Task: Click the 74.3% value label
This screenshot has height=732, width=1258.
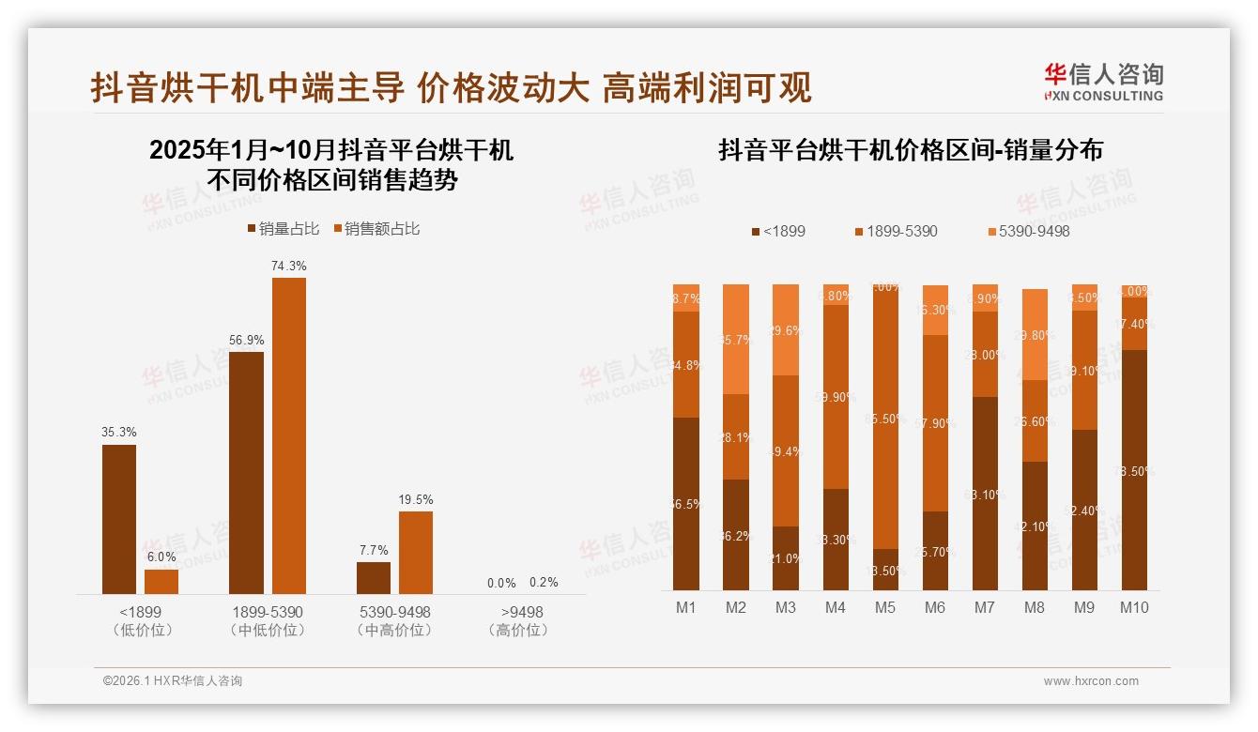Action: pyautogui.click(x=289, y=267)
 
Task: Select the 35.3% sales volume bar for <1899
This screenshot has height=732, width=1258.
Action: pyautogui.click(x=119, y=519)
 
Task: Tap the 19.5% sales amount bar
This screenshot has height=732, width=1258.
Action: pyautogui.click(x=416, y=552)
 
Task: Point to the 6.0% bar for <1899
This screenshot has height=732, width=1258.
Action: pyautogui.click(x=161, y=582)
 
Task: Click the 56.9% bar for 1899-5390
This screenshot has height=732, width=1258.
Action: pyautogui.click(x=246, y=472)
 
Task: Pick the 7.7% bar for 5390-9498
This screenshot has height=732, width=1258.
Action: pyautogui.click(x=374, y=577)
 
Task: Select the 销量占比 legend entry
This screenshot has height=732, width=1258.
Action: pyautogui.click(x=283, y=229)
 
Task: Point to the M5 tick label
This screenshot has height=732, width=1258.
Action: pyautogui.click(x=885, y=608)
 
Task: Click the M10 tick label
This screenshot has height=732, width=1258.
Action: pyautogui.click(x=1135, y=608)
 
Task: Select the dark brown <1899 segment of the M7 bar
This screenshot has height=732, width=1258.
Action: pyautogui.click(x=985, y=493)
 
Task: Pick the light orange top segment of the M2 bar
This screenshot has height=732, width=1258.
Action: pyautogui.click(x=736, y=339)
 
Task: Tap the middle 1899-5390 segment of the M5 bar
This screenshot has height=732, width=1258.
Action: pyautogui.click(x=885, y=418)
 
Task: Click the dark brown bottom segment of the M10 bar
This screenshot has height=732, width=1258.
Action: pyautogui.click(x=1135, y=469)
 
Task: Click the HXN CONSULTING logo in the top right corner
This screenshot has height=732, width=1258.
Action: pyautogui.click(x=1103, y=83)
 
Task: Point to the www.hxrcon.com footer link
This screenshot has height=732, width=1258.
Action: pyautogui.click(x=1091, y=681)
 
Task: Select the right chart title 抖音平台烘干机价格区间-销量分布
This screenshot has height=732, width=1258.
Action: pyautogui.click(x=910, y=150)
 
